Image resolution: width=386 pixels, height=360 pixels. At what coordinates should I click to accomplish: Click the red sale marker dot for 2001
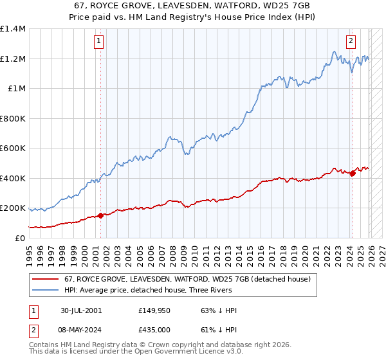(x=101, y=216)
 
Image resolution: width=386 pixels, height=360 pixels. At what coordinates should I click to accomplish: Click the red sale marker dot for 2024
(x=353, y=174)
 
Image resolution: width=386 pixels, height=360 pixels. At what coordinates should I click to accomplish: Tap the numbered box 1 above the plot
(x=99, y=42)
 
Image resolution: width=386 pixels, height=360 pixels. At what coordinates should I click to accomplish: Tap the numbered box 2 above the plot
(x=351, y=42)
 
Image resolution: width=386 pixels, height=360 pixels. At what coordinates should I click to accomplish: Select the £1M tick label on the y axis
(x=16, y=89)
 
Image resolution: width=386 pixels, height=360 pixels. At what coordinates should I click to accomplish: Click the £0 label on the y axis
(x=21, y=239)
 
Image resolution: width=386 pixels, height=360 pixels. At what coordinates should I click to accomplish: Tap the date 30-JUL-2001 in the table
(x=81, y=310)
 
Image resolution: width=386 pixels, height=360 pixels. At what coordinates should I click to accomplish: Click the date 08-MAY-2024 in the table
(x=81, y=329)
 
